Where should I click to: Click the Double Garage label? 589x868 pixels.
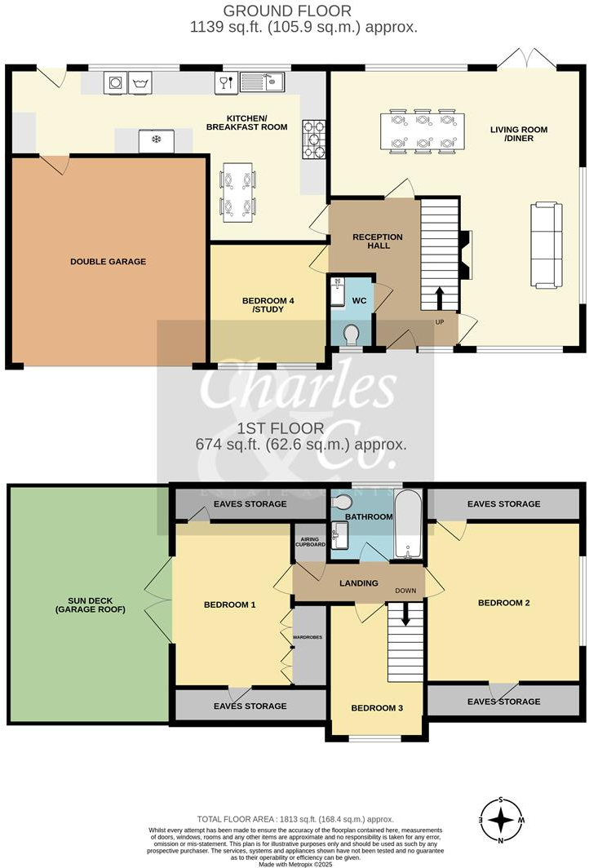pyautogui.click(x=108, y=262)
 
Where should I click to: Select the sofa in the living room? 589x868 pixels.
pyautogui.click(x=546, y=246)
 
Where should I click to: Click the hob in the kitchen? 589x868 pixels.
pyautogui.click(x=314, y=139)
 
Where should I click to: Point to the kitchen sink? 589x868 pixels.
pyautogui.click(x=261, y=82)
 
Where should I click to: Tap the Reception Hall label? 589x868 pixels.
pyautogui.click(x=377, y=241)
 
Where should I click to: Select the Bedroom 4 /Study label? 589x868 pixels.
pyautogui.click(x=268, y=305)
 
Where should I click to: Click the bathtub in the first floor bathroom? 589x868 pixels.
pyautogui.click(x=406, y=525)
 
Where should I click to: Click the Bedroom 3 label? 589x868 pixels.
pyautogui.click(x=377, y=708)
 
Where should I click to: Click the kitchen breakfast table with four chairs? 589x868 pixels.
pyautogui.click(x=239, y=193)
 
